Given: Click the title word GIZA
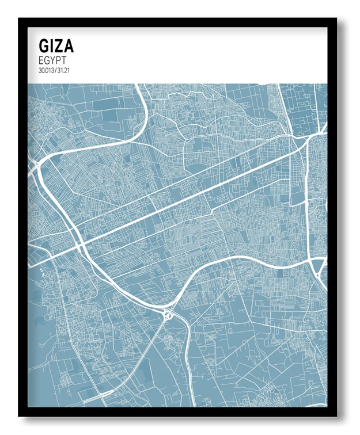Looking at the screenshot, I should (x=56, y=46).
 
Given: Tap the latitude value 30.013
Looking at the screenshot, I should (x=47, y=70).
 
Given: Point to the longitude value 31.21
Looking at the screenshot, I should (x=64, y=70).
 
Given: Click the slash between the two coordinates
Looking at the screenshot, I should (x=56, y=70).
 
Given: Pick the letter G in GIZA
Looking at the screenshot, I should (x=44, y=46).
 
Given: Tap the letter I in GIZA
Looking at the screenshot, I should (x=52, y=46).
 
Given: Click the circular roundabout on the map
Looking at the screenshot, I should (x=168, y=315).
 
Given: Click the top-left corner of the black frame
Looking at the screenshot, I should (x=19, y=19).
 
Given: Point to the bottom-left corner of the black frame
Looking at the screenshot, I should (x=19, y=415).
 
